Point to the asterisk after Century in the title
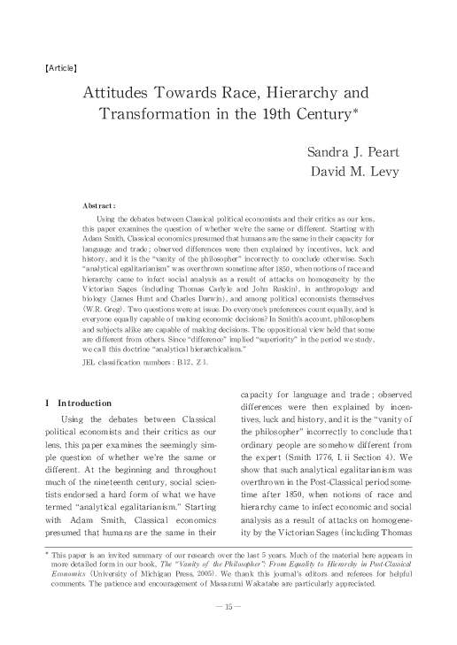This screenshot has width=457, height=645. tap(358, 111)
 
